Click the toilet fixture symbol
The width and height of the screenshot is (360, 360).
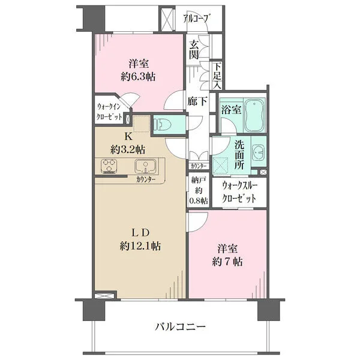[x=163, y=125]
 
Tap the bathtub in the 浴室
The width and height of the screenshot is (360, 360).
[x=254, y=115]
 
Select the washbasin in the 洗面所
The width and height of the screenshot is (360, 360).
[x=259, y=152]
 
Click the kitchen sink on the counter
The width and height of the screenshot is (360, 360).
[x=145, y=166]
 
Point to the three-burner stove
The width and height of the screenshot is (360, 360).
[x=109, y=166]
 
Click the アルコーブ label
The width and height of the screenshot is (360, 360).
[x=197, y=19]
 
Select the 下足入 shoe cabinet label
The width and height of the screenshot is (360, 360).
[x=217, y=76]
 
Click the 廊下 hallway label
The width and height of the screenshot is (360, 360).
[x=197, y=101]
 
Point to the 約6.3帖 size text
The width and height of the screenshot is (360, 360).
[x=138, y=77]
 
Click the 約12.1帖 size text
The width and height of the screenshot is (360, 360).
[x=140, y=247]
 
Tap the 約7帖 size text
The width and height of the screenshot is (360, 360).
[x=227, y=262]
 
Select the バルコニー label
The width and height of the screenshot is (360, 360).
[x=181, y=326]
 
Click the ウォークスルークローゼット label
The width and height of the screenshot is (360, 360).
[x=239, y=193]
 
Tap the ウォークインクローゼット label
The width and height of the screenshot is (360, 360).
[x=109, y=112]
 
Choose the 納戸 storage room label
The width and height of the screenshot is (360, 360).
[x=198, y=181]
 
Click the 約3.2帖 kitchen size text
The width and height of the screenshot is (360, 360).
[x=128, y=150]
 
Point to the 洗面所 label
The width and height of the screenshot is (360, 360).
[x=239, y=155]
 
